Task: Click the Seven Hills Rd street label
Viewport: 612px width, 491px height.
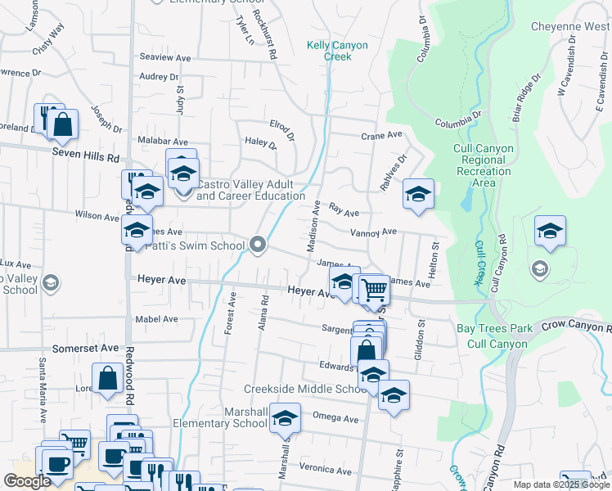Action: [x=86, y=155]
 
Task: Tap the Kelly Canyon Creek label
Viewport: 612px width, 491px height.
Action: [x=337, y=51]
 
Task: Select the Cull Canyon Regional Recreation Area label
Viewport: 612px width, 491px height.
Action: [x=484, y=165]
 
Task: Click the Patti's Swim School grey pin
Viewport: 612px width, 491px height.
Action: [x=259, y=245]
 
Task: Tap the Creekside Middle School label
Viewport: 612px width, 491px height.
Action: [x=305, y=389]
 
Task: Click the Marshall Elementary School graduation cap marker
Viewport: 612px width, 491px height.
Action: [x=285, y=417]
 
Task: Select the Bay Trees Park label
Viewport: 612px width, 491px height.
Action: [x=495, y=328]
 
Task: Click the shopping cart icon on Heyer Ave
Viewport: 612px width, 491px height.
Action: [x=374, y=290]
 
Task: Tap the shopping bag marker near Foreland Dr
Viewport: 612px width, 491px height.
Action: [x=62, y=125]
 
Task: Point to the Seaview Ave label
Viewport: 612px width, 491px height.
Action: [x=164, y=57]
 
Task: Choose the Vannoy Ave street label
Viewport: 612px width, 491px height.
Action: [x=373, y=232]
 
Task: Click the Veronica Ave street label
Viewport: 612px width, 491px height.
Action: [x=325, y=470]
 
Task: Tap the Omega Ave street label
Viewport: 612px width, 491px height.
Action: [x=335, y=419]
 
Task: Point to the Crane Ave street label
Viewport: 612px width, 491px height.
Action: [x=383, y=134]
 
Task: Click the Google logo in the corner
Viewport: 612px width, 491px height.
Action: [x=27, y=481]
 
